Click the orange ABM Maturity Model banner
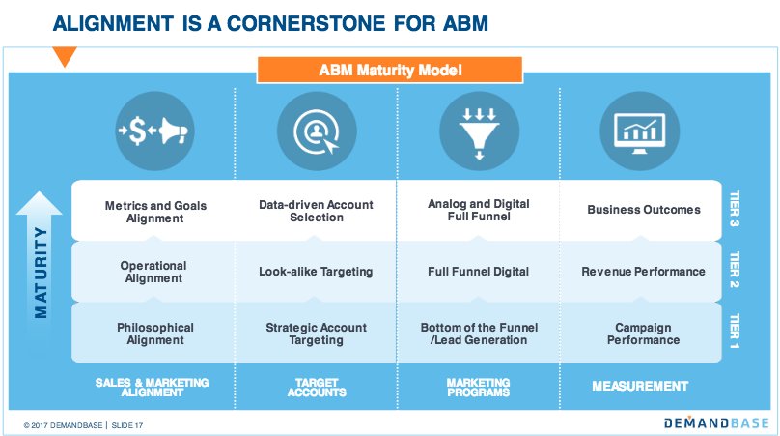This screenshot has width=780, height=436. click(390, 70)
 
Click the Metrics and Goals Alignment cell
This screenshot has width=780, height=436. click(154, 211)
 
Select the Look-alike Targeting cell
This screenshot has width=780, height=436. click(316, 272)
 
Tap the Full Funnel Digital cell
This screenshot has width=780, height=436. click(478, 272)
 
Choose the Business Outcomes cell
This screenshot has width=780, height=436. click(644, 211)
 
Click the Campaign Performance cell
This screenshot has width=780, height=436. click(644, 334)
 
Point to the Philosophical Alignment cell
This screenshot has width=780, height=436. click(154, 334)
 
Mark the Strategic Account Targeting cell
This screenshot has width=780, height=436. click(316, 334)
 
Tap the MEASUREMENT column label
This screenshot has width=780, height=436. click(640, 387)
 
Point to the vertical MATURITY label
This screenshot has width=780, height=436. click(38, 273)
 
